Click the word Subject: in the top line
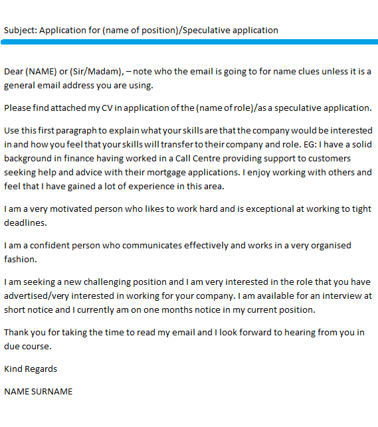(x=21, y=30)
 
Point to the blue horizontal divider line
(x=189, y=42)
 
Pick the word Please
(x=18, y=108)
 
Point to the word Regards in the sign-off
(x=42, y=369)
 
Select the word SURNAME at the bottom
(x=53, y=391)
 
